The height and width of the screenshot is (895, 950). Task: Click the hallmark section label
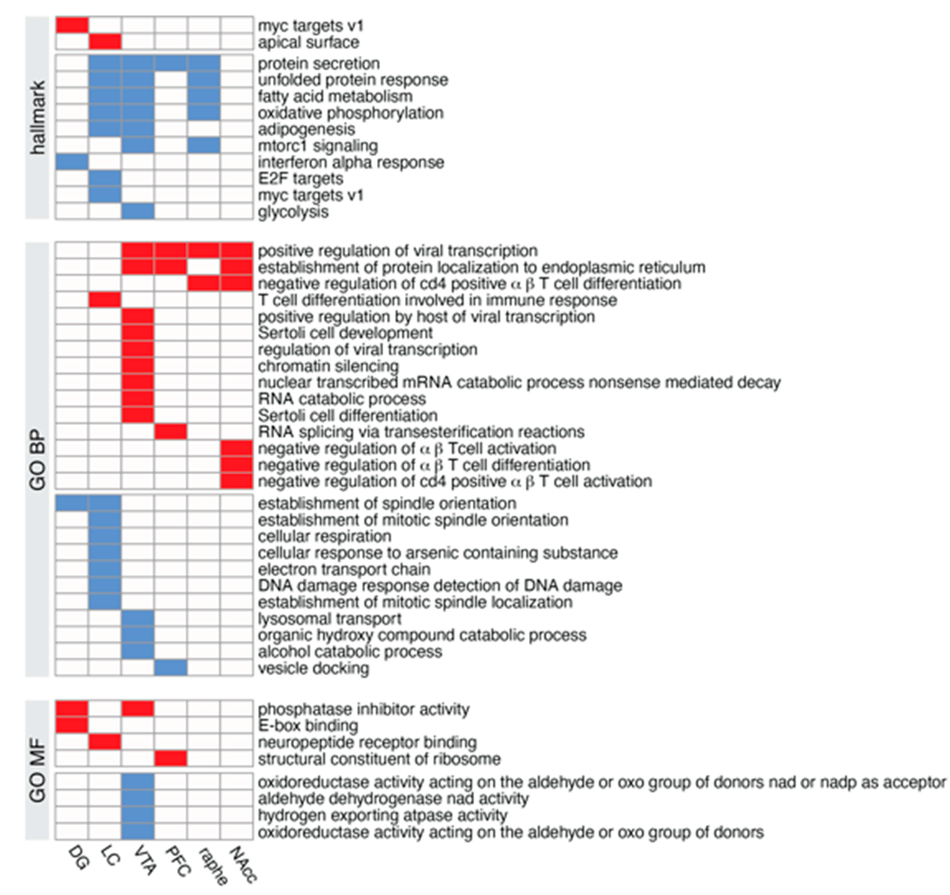pos(37,118)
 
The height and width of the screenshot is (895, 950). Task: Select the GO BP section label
pos(37,460)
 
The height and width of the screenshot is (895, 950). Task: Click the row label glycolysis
pos(293,212)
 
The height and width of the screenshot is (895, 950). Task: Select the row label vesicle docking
pos(314,668)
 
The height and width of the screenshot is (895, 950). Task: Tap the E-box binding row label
pos(308,725)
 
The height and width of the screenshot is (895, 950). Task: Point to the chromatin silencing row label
pos(328,366)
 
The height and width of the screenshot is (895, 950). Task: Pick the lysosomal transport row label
pos(330,619)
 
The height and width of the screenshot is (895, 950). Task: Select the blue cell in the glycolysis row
pos(138,212)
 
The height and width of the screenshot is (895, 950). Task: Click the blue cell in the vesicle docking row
pos(171,668)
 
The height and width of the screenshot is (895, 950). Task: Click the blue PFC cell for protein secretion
pos(171,63)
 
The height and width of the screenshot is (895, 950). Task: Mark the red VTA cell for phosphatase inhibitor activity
pos(138,709)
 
